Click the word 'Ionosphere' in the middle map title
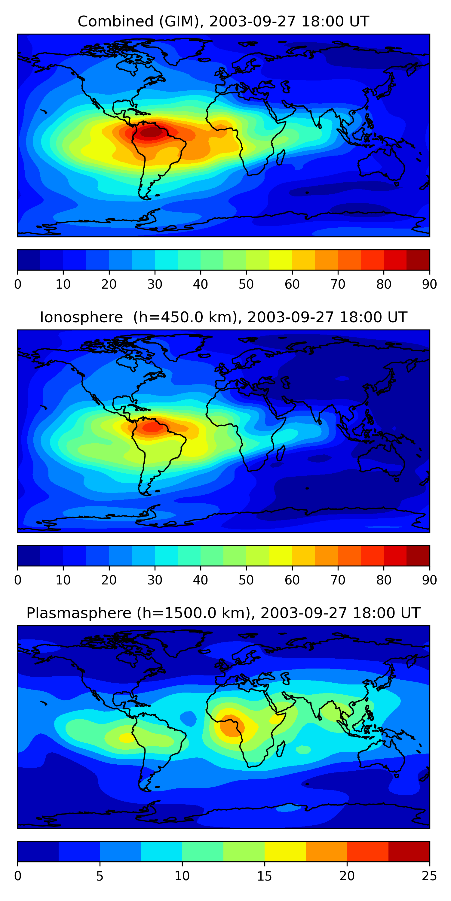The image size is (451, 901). click(x=81, y=317)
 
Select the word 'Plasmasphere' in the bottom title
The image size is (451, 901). click(x=79, y=613)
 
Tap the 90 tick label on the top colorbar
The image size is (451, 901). click(x=429, y=284)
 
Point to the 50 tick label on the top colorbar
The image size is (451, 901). click(x=246, y=284)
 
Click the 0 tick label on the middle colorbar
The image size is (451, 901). click(x=18, y=580)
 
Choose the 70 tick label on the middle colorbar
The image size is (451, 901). click(x=338, y=580)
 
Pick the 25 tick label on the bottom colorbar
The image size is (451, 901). click(x=429, y=876)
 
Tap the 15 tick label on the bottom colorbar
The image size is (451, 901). click(x=264, y=876)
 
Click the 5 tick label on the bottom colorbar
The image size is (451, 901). click(x=100, y=876)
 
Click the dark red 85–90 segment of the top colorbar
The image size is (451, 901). click(x=418, y=260)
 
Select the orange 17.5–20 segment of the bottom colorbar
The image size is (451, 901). click(x=326, y=851)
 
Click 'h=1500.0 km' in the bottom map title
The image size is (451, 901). click(x=193, y=613)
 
